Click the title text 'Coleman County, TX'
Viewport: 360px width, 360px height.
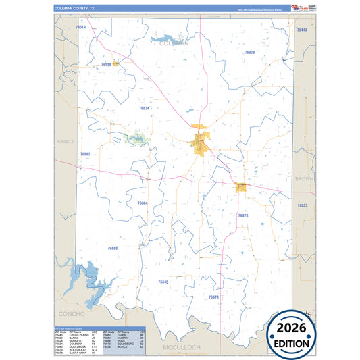click(x=76, y=8)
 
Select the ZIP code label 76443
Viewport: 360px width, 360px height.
click(x=302, y=30)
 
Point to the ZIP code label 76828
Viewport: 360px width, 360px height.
click(x=250, y=52)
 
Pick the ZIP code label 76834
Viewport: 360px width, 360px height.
click(x=144, y=108)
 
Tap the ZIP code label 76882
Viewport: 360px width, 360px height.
click(x=85, y=154)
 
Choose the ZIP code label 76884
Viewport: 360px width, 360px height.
click(x=143, y=203)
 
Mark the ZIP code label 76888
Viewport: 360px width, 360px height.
click(x=112, y=248)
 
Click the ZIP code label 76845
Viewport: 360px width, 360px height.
click(x=163, y=282)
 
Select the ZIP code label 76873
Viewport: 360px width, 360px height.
click(x=213, y=297)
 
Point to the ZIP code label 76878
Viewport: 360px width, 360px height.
click(x=243, y=215)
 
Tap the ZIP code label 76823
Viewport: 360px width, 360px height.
click(x=302, y=205)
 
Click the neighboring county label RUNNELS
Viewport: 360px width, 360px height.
click(x=66, y=141)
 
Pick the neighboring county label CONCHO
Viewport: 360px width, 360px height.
click(x=71, y=314)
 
